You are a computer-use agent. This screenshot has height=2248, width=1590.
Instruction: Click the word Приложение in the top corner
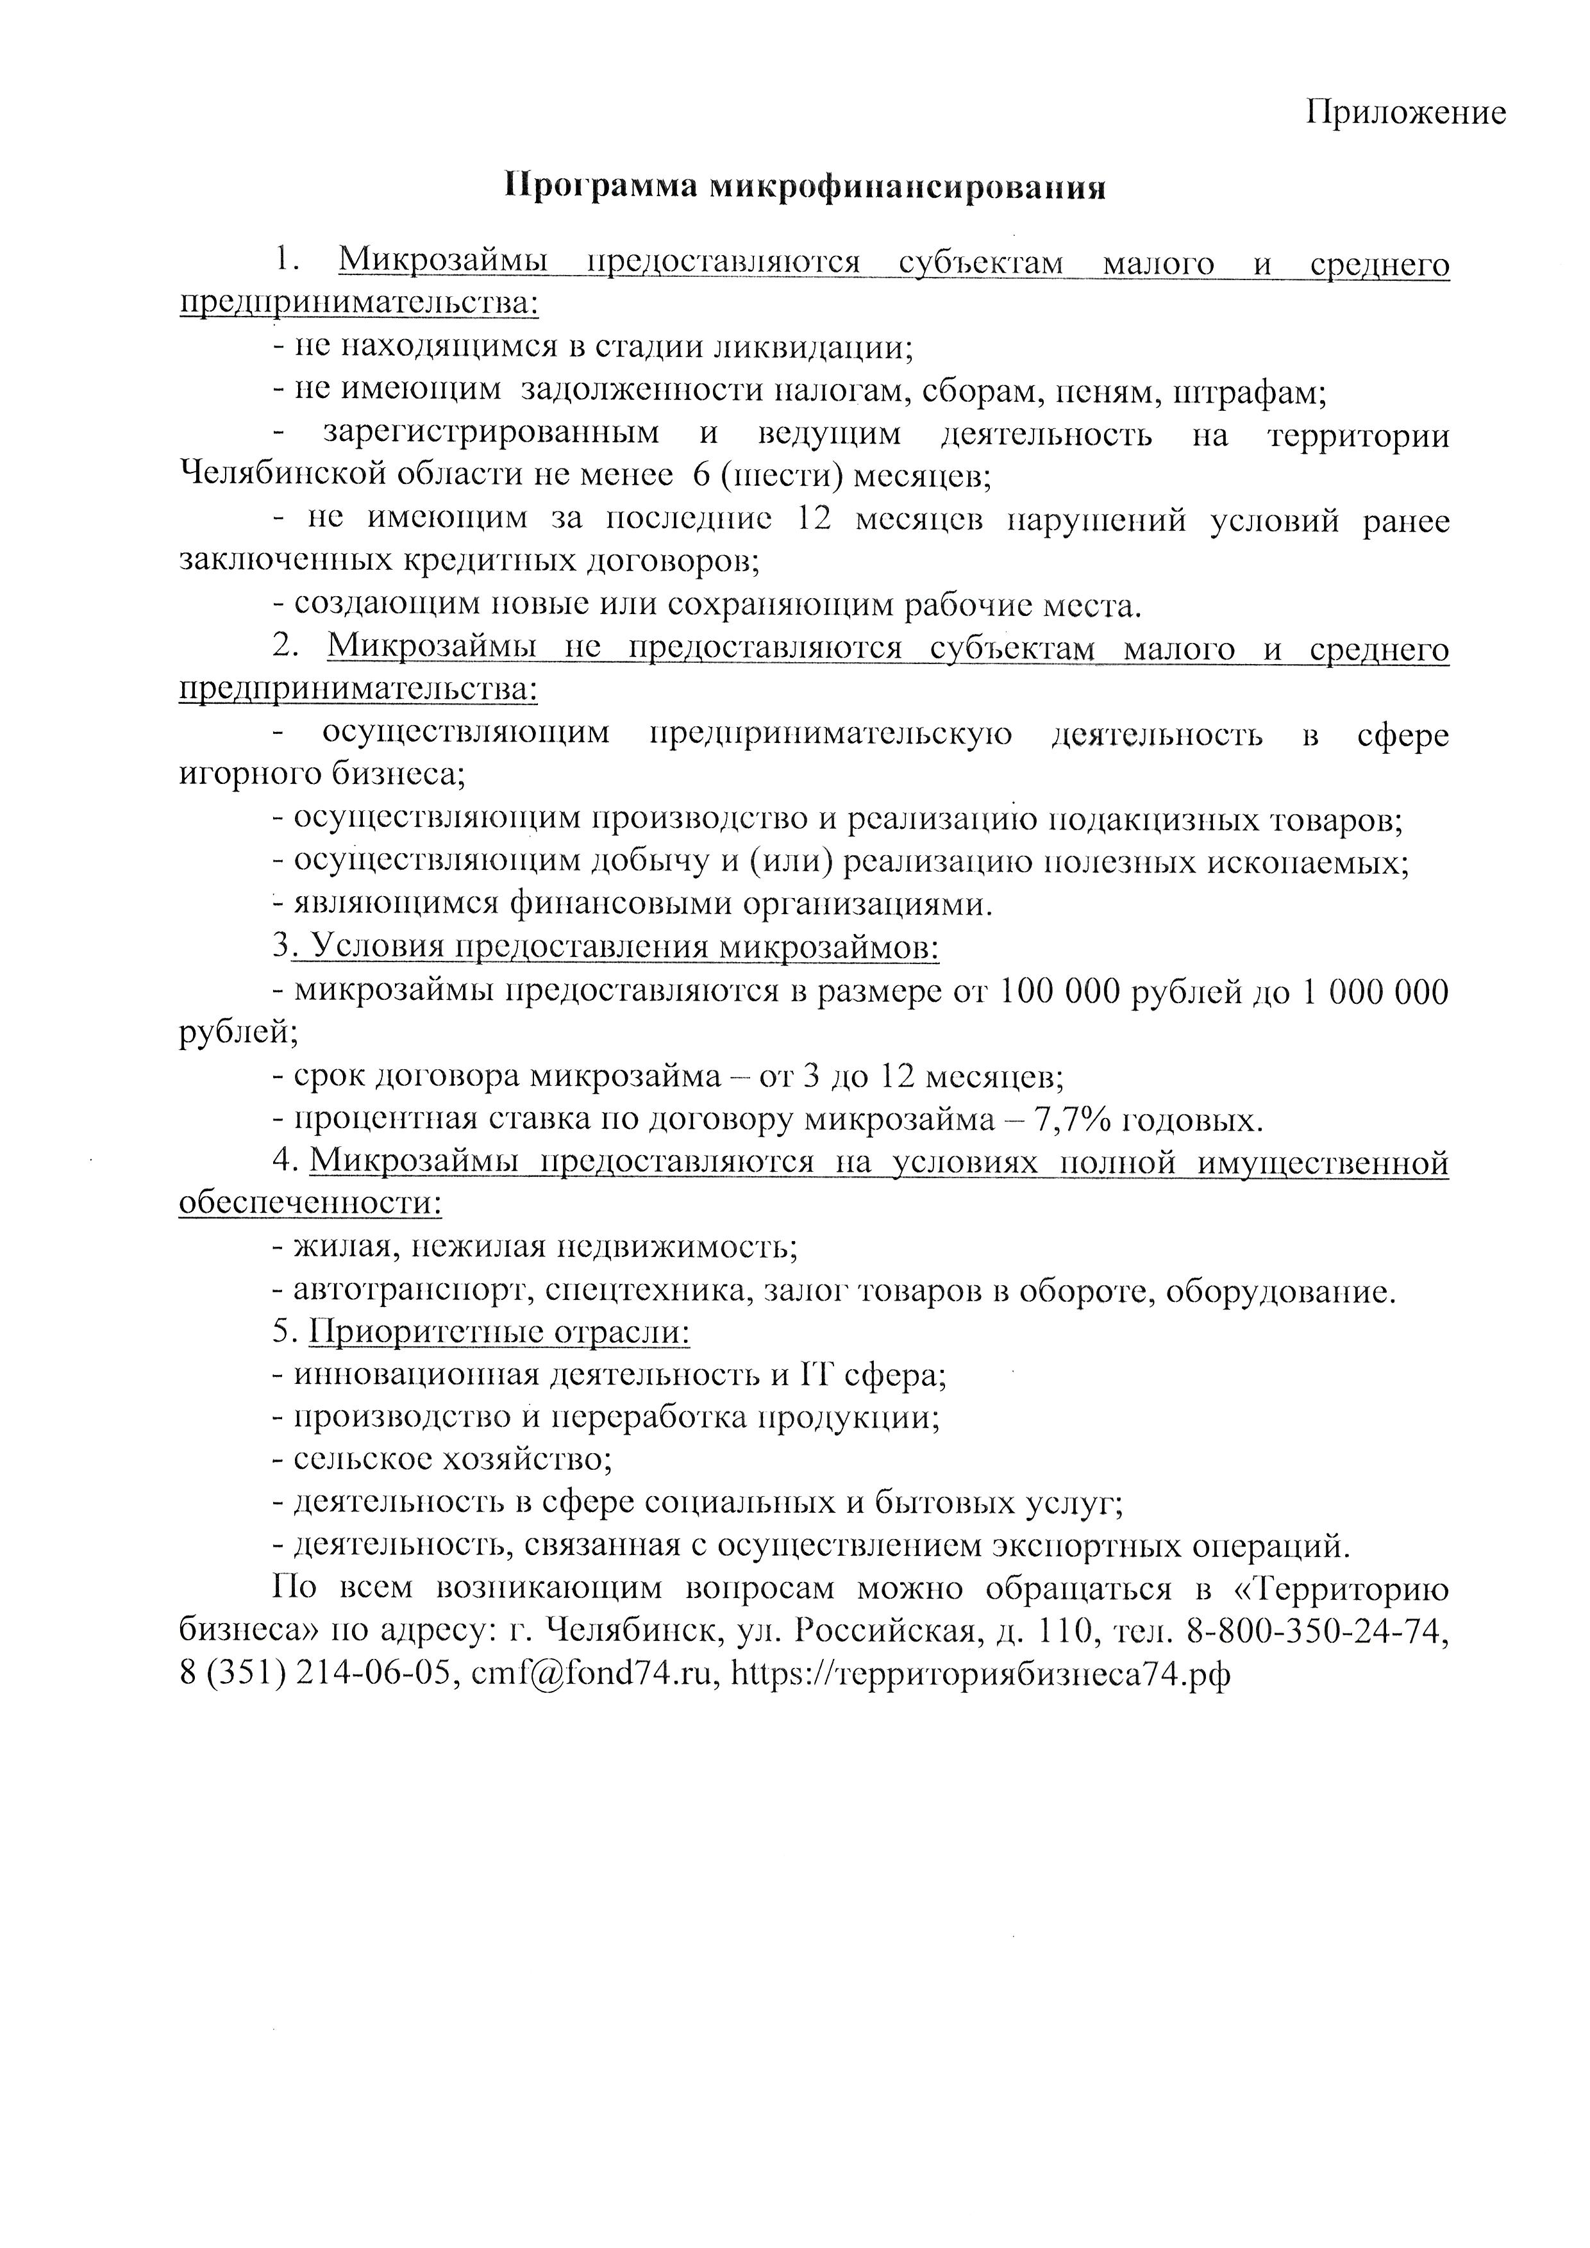pyautogui.click(x=1406, y=113)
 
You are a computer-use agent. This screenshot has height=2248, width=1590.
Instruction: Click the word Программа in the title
pyautogui.click(x=599, y=186)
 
